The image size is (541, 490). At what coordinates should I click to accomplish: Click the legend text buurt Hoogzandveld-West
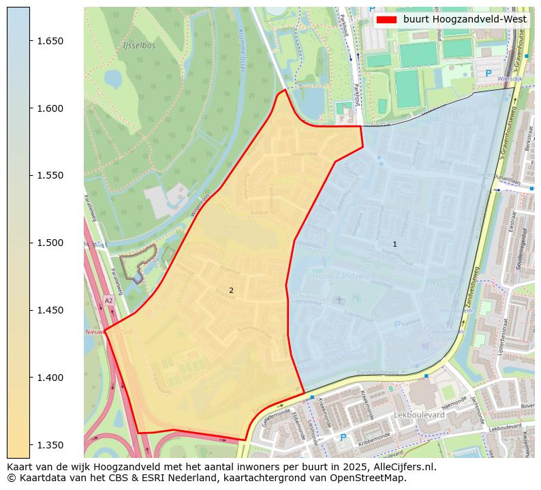[465, 20]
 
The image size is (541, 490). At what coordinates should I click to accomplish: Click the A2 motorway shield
[108, 300]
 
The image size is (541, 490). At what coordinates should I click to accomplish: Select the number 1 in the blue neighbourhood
[395, 244]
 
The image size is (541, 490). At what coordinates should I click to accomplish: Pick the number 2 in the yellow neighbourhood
[231, 290]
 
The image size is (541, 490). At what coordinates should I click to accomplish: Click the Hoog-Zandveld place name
[341, 277]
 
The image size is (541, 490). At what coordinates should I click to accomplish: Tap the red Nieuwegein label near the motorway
[99, 332]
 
